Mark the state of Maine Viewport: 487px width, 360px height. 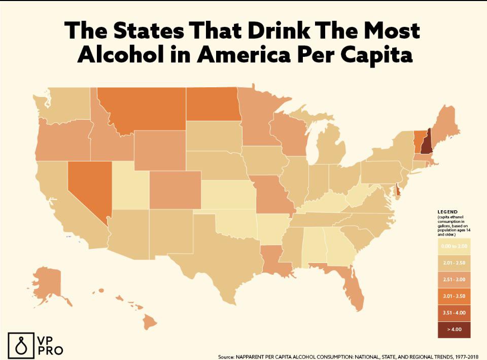[x=444, y=124]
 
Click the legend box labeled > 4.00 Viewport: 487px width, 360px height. [x=455, y=330]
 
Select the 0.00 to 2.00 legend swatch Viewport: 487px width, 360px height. [x=455, y=246]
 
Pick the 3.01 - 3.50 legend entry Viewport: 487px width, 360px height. [x=455, y=296]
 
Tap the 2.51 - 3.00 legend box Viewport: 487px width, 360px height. [x=455, y=279]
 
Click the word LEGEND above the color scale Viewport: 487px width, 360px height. [x=447, y=211]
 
